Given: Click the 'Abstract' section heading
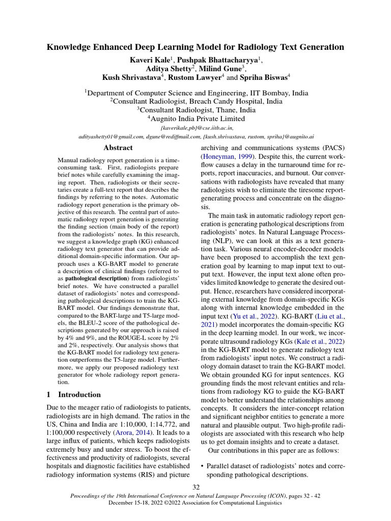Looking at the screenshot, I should [x=118, y=148].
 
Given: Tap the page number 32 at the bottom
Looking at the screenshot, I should [x=195, y=488].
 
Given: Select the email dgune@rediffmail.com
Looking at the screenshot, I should [x=171, y=137].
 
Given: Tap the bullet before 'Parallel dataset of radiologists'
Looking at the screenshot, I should [x=203, y=466].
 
